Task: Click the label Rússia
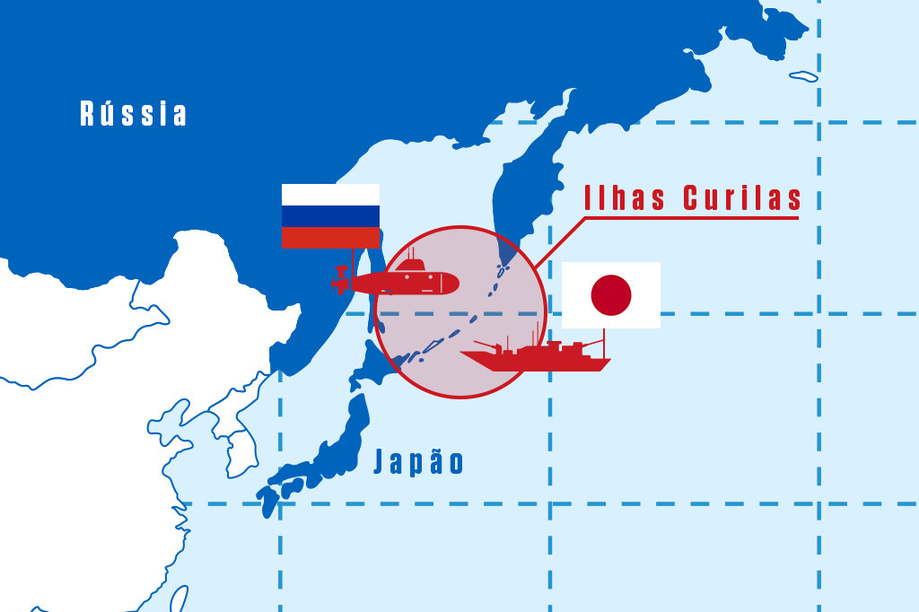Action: (135, 114)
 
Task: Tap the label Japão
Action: (419, 462)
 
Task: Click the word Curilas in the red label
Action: (741, 198)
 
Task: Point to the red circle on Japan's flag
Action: (611, 295)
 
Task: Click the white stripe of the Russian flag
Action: (330, 194)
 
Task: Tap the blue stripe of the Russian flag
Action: (330, 216)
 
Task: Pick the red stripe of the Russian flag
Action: (330, 238)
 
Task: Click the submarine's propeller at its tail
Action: (339, 281)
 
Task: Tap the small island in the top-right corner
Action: (804, 76)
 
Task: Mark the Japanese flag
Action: (611, 295)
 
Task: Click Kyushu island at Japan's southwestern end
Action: (268, 501)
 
